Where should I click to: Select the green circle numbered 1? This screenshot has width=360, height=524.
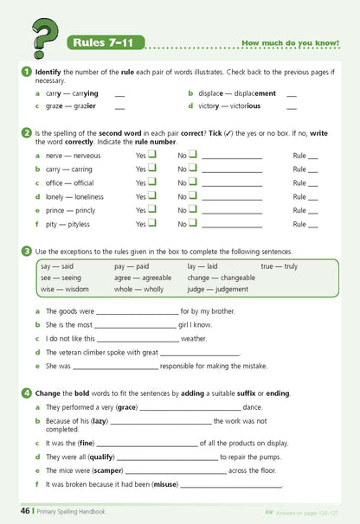(27, 70)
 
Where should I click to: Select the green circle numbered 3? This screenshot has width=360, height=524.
(27, 251)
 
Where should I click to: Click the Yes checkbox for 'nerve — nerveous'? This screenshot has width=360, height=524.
(152, 155)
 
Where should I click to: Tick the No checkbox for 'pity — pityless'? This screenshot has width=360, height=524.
(193, 223)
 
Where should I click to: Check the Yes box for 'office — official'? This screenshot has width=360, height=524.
(152, 182)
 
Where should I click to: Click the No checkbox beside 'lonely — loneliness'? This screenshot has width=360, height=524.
(193, 196)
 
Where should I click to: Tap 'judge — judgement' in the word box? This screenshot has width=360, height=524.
(217, 290)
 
